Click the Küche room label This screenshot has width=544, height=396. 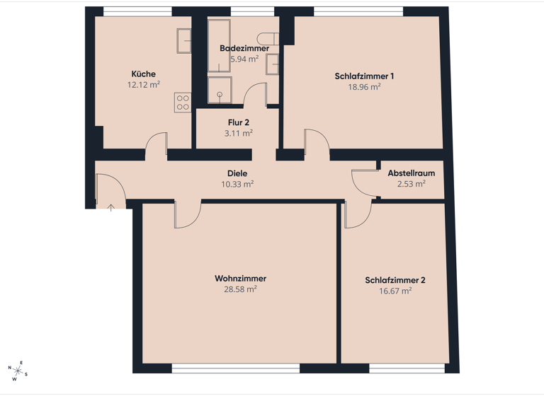(143, 74)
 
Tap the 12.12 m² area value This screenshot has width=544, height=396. (143, 85)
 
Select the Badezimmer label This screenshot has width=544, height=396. (244, 48)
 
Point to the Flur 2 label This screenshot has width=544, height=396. (238, 122)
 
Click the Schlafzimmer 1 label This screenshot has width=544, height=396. (364, 76)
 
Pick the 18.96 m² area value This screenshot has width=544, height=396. (364, 88)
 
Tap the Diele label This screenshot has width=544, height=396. (237, 173)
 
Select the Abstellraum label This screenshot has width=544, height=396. (411, 173)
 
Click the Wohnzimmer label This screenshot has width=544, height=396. (240, 279)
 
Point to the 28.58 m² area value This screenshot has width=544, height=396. (240, 289)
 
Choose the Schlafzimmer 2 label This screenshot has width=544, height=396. (395, 280)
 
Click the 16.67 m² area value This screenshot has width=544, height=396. (395, 291)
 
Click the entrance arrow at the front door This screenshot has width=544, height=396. (111, 208)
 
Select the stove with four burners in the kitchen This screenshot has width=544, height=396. (182, 103)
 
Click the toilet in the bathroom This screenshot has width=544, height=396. (269, 37)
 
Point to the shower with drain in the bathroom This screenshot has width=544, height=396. (220, 90)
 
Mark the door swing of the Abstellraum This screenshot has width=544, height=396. (363, 182)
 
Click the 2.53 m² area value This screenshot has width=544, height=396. (411, 184)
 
